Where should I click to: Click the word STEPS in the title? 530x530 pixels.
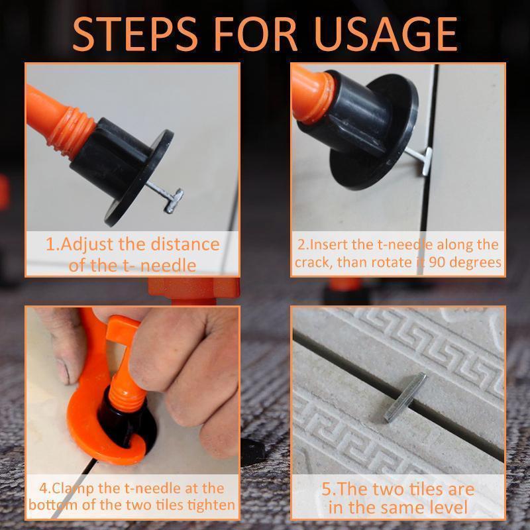tap(134, 34)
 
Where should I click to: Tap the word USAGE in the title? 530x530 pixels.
tap(386, 34)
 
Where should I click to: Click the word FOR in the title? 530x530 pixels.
tap(255, 34)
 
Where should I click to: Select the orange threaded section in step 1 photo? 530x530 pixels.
tap(72, 129)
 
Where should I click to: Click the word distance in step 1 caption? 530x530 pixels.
tap(185, 244)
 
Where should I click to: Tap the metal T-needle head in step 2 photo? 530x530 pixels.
tap(427, 161)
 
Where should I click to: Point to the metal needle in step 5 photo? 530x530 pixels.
tap(405, 397)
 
